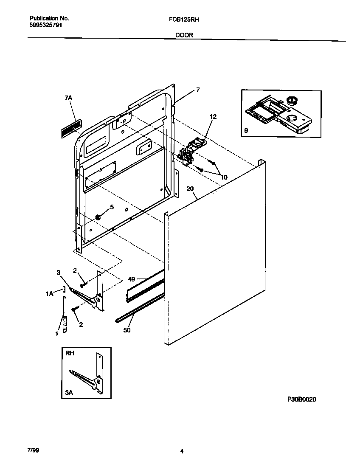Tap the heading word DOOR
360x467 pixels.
click(x=184, y=35)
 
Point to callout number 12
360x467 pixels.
click(x=213, y=117)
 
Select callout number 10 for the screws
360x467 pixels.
click(x=223, y=177)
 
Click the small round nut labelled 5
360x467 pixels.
click(x=98, y=217)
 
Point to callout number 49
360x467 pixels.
click(x=131, y=279)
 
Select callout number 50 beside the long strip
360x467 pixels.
click(x=127, y=330)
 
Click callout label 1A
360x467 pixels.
click(x=50, y=293)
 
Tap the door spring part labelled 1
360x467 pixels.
click(x=65, y=325)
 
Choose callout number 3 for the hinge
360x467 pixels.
click(x=59, y=272)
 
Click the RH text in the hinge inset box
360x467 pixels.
click(x=69, y=353)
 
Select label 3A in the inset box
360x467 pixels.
click(x=69, y=393)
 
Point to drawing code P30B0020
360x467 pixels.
click(x=301, y=399)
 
